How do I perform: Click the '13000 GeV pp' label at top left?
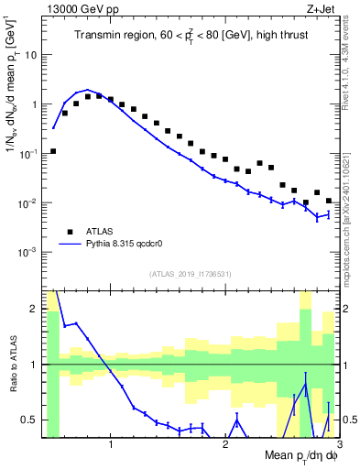pos(76,8)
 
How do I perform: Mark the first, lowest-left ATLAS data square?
pos(53,151)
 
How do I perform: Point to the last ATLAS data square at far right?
pos(329,201)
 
